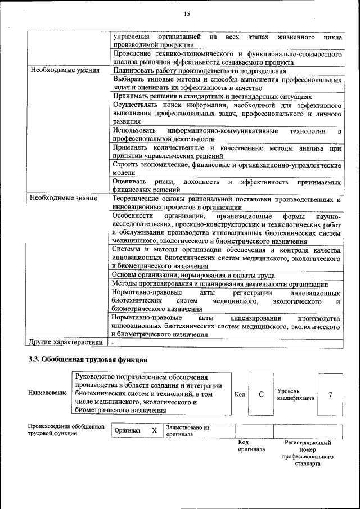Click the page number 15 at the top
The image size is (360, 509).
click(187, 13)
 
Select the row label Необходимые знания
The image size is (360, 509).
click(64, 198)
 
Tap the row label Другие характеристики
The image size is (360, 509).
click(66, 342)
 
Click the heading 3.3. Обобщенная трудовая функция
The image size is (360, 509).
click(88, 359)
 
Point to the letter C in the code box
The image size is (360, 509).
click(261, 394)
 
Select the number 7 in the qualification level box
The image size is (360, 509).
click(330, 394)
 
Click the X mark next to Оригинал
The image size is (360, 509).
click(154, 431)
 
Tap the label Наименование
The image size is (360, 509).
click(47, 393)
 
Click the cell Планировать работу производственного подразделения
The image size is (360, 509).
click(200, 71)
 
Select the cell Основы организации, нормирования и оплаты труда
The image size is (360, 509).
click(193, 275)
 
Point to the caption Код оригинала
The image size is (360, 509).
click(251, 446)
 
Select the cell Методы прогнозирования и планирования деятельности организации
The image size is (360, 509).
click(220, 284)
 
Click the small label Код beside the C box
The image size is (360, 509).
click(240, 394)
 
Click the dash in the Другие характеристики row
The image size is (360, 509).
click(113, 342)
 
